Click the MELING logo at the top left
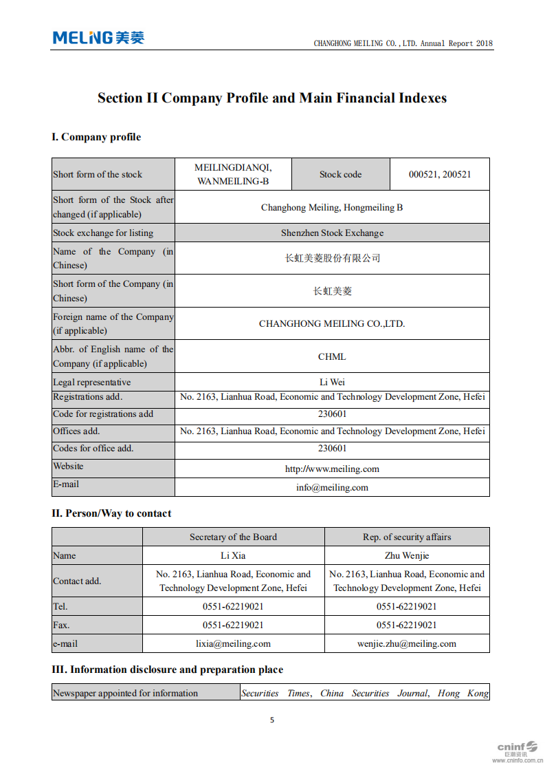pyautogui.click(x=98, y=38)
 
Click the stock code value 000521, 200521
pyautogui.click(x=440, y=175)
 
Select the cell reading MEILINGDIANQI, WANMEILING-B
pyautogui.click(x=233, y=175)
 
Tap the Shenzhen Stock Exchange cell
pyautogui.click(x=332, y=233)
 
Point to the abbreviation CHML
pyautogui.click(x=332, y=356)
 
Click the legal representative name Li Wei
pyautogui.click(x=332, y=383)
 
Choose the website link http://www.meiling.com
pyautogui.click(x=332, y=469)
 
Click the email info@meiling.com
pyautogui.click(x=332, y=488)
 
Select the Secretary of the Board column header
pyautogui.click(x=233, y=537)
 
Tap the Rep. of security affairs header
pyautogui.click(x=407, y=537)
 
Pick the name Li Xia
pyautogui.click(x=233, y=556)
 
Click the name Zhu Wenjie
pyautogui.click(x=407, y=556)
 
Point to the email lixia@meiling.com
pyautogui.click(x=233, y=644)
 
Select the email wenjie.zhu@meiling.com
pyautogui.click(x=407, y=644)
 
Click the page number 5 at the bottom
pyautogui.click(x=272, y=720)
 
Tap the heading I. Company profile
pyautogui.click(x=96, y=137)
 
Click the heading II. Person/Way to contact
pyautogui.click(x=111, y=513)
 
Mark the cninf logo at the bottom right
pyautogui.click(x=517, y=749)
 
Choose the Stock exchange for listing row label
pyautogui.click(x=103, y=233)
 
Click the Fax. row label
pyautogui.click(x=61, y=625)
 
